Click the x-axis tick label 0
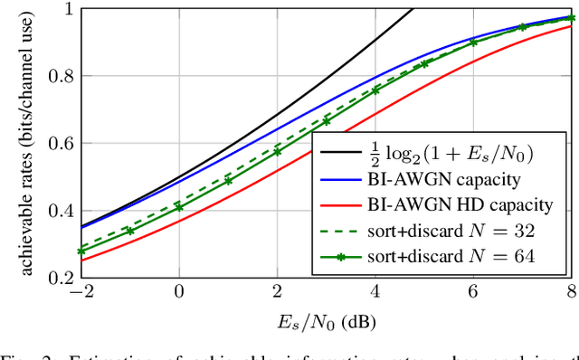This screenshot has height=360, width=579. (x=179, y=293)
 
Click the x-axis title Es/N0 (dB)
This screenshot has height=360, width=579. (x=326, y=320)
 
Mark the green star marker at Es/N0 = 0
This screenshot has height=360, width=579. (x=179, y=207)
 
